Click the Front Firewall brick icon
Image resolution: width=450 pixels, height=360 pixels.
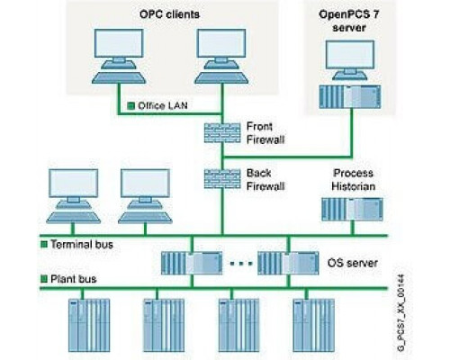222,133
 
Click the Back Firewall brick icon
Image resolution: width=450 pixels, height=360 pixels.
222,179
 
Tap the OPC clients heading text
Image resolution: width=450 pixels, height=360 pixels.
169,14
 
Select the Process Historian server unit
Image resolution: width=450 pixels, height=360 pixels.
352,210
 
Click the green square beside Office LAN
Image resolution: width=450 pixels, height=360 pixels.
130,105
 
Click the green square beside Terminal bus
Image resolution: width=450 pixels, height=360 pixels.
44,244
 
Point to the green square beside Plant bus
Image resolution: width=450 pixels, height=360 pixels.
44,279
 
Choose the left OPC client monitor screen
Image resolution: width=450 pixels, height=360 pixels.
119,43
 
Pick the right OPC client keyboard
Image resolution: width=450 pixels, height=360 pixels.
221,77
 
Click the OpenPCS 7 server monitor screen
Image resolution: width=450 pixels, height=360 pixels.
350,54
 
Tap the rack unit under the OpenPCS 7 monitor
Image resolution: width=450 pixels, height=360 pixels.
350,97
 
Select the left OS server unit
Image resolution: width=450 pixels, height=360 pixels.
192,263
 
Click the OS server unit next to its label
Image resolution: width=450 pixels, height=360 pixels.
288,263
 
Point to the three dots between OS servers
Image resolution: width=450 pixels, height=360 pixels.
241,264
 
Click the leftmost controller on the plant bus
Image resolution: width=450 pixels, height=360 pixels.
89,325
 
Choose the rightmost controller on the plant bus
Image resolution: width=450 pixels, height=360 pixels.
314,325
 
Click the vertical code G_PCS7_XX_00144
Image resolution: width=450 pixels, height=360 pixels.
400,313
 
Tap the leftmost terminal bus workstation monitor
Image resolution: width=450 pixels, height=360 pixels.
74,184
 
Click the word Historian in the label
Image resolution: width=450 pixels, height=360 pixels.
354,186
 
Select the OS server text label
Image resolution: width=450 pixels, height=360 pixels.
353,263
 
